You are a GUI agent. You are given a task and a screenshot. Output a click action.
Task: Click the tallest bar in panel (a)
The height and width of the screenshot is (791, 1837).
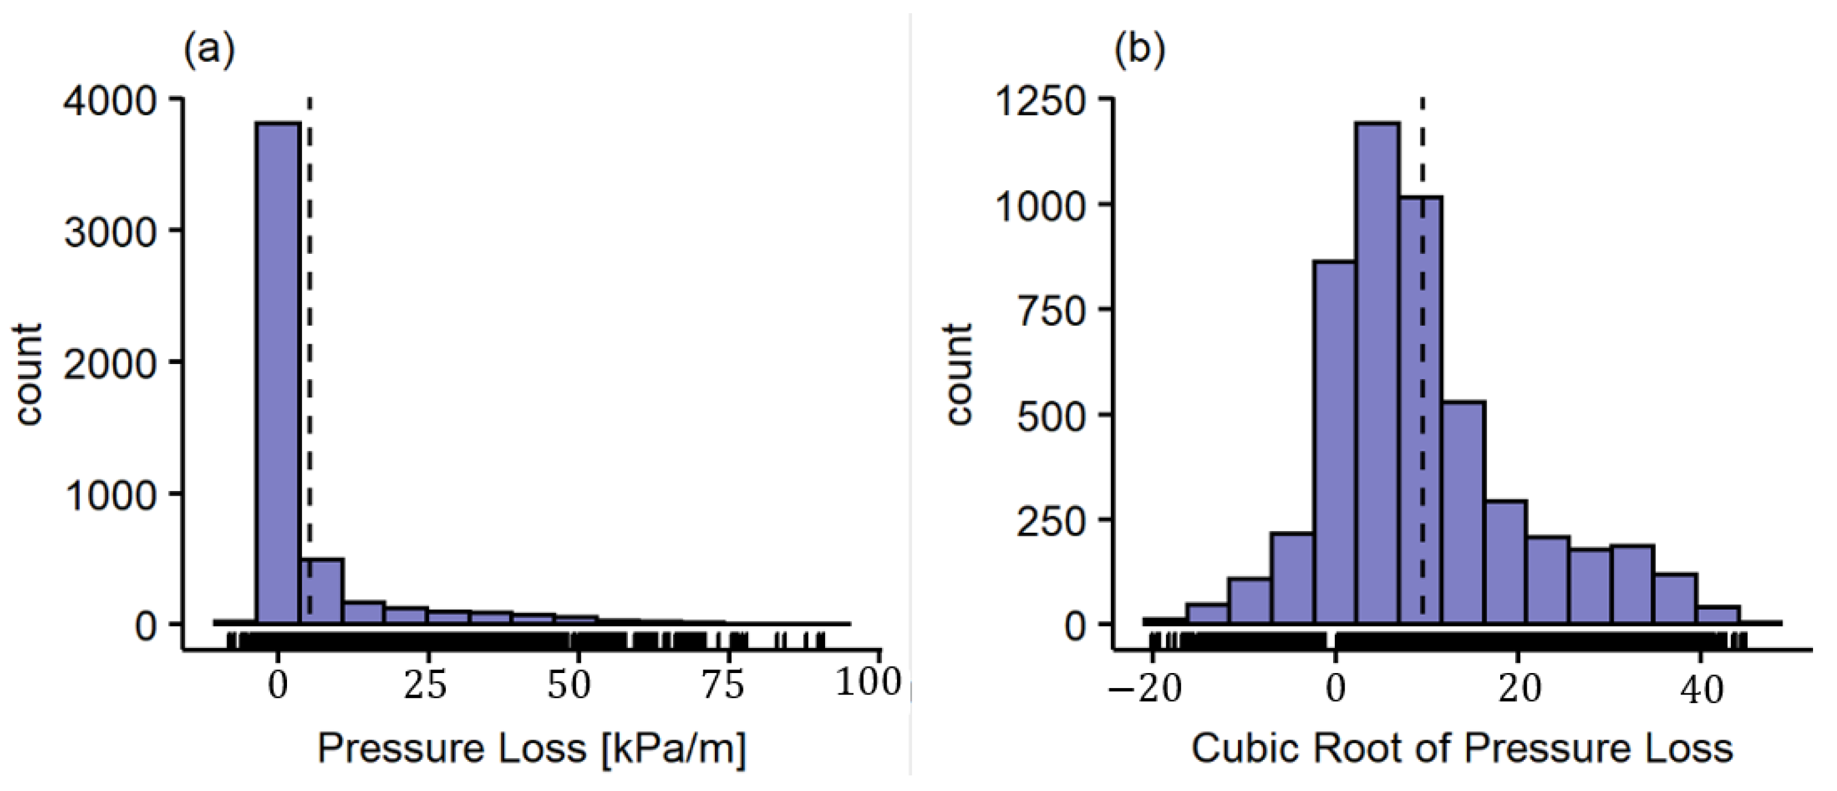tap(278, 371)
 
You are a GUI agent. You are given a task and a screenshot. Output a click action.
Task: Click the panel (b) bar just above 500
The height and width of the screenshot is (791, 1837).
tap(1463, 513)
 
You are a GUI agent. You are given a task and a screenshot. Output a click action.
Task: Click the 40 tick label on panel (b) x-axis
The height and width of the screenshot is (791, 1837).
tap(1701, 689)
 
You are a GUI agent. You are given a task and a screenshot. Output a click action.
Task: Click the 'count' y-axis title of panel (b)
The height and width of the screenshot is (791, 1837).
tap(959, 374)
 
